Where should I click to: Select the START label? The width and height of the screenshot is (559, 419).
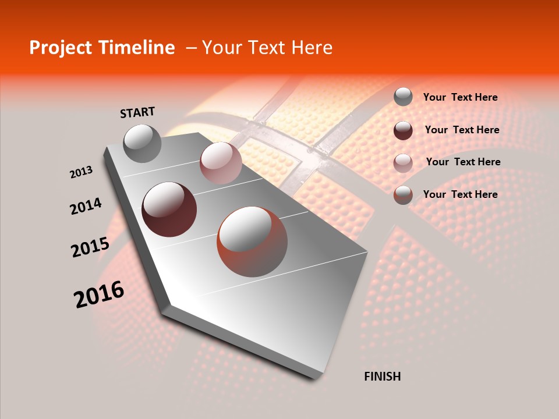click(x=137, y=112)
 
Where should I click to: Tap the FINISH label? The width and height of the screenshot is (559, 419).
click(x=382, y=377)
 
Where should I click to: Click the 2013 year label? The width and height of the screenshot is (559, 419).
click(x=81, y=172)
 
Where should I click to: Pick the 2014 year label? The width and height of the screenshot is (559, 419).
click(x=86, y=206)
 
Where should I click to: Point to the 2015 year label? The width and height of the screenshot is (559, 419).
click(x=90, y=247)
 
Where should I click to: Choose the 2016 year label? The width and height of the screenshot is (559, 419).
click(x=99, y=294)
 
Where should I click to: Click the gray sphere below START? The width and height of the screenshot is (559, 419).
click(x=142, y=143)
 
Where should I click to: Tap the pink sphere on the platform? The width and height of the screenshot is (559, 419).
click(x=221, y=163)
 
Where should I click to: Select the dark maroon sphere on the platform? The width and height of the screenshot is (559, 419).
click(x=169, y=210)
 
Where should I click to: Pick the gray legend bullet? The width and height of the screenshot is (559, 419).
click(x=403, y=97)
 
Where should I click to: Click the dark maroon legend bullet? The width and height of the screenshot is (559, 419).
click(x=403, y=130)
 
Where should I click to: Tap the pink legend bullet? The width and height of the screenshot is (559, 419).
click(x=403, y=163)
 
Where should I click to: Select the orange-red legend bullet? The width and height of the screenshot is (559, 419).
click(x=403, y=195)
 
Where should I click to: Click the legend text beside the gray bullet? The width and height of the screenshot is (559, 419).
click(x=460, y=97)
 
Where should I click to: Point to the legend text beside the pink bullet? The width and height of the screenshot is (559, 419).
click(x=463, y=162)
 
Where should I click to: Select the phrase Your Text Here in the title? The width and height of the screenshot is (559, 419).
click(x=267, y=48)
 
